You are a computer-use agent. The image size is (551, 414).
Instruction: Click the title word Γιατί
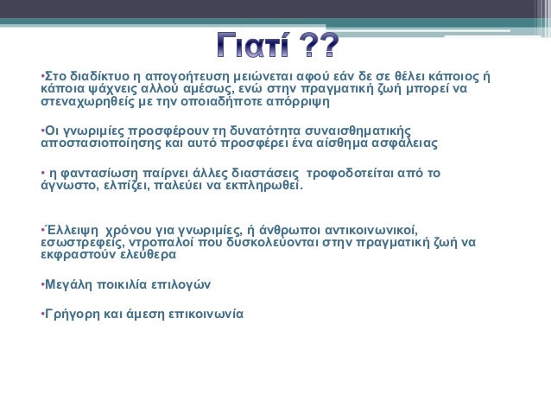252,45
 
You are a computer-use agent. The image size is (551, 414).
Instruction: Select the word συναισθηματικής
358,131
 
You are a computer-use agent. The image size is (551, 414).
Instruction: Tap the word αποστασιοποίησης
101,143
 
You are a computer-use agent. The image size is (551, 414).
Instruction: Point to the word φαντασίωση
99,174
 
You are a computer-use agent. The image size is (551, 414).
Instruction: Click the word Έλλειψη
70,231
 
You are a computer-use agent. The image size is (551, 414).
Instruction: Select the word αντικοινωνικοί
371,231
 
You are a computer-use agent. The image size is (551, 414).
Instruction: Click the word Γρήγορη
73,314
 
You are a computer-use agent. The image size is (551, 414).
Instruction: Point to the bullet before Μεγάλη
42,284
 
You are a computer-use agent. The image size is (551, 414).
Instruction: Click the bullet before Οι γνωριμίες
42,131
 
